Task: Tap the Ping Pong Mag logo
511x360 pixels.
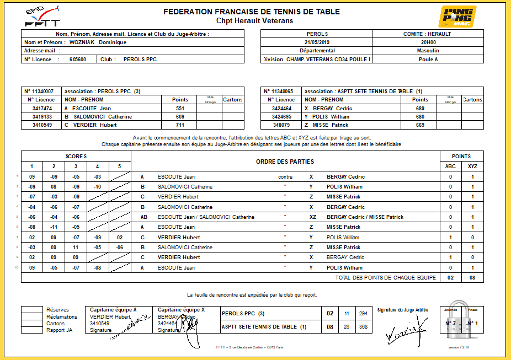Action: click(x=457, y=17)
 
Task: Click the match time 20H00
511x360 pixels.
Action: click(x=428, y=42)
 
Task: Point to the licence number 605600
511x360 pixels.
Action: click(x=77, y=59)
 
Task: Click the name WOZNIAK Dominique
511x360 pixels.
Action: click(x=98, y=42)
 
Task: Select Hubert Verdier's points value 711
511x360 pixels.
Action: click(x=180, y=125)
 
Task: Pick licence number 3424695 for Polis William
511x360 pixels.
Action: click(x=281, y=117)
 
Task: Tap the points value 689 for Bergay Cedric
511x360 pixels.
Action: click(x=420, y=109)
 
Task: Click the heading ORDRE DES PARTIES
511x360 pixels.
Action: click(x=285, y=162)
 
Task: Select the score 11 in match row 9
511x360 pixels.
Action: click(x=76, y=248)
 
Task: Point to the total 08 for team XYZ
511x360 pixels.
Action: click(x=472, y=278)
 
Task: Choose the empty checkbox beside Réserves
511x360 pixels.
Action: click(x=32, y=310)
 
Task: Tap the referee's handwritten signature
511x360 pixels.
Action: click(x=406, y=330)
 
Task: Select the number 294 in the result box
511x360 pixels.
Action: click(x=363, y=313)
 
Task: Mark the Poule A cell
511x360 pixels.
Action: click(x=428, y=59)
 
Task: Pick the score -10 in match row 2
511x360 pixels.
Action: click(x=98, y=187)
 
